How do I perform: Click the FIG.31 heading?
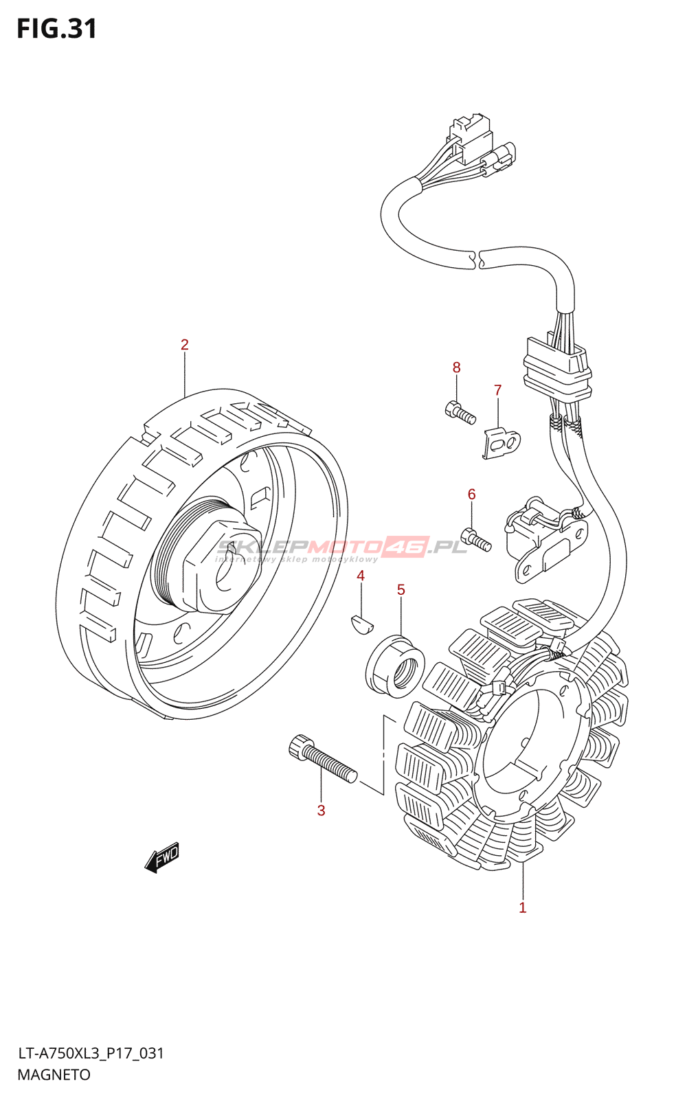click(56, 29)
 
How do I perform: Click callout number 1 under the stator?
click(523, 907)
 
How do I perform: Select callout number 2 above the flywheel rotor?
click(184, 345)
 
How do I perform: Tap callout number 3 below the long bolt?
click(321, 811)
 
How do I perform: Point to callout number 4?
click(361, 576)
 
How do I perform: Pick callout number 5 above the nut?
click(401, 590)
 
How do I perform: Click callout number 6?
click(471, 495)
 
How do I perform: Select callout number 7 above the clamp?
click(498, 390)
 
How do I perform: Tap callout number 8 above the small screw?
click(457, 367)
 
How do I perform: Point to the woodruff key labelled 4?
click(361, 623)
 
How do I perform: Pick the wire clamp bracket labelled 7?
click(502, 442)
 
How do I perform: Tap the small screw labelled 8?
click(460, 411)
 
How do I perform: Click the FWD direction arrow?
click(162, 857)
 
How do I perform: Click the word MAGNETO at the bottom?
click(54, 1075)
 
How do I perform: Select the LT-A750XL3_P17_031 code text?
click(91, 1053)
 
